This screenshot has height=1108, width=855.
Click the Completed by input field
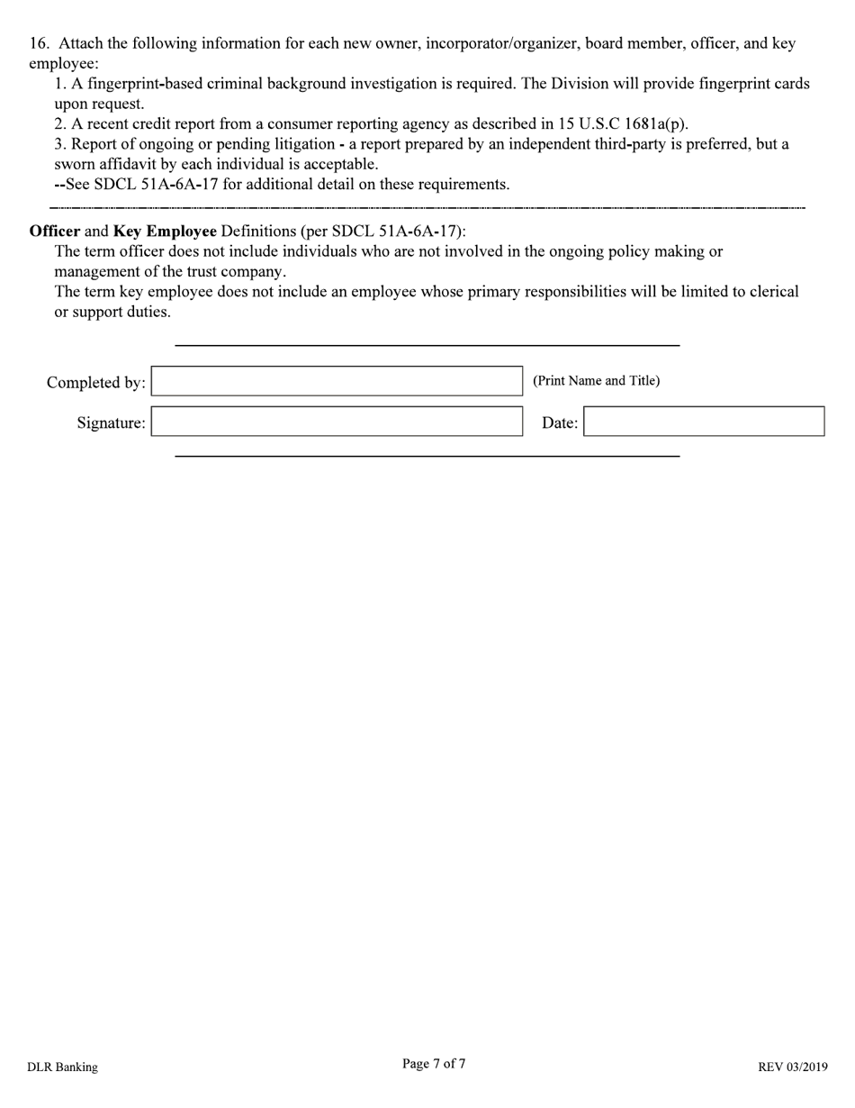[337, 381]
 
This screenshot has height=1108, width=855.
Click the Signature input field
[337, 422]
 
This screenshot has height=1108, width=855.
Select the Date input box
[704, 422]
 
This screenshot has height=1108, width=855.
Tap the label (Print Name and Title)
[596, 380]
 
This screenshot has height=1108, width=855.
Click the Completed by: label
[95, 383]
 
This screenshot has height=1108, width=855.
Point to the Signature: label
[111, 423]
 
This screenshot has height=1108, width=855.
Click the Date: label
[559, 423]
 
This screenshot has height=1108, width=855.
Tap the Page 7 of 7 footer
[434, 1064]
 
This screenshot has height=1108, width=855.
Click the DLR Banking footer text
[62, 1067]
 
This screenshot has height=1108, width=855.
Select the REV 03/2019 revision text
[792, 1067]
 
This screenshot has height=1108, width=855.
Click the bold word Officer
[55, 231]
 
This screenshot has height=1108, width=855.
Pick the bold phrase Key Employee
[165, 231]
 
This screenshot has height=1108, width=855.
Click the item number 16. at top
[40, 43]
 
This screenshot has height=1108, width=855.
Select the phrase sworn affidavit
[105, 164]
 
